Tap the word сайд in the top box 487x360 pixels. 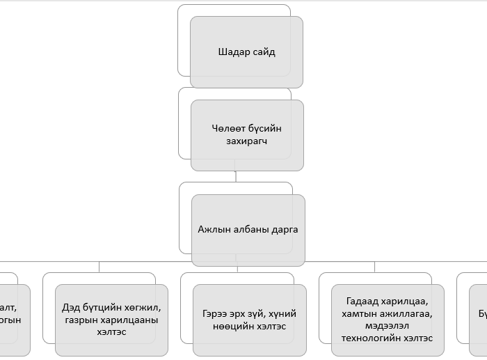(x=264, y=52)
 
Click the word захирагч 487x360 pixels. (x=247, y=141)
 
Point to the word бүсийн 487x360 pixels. (x=266, y=128)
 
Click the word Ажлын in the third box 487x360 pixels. (x=213, y=228)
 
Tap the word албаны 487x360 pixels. (x=248, y=228)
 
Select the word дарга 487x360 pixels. (x=284, y=228)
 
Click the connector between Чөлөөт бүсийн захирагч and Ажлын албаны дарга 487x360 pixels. (x=236, y=176)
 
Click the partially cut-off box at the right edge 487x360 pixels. (x=479, y=313)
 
